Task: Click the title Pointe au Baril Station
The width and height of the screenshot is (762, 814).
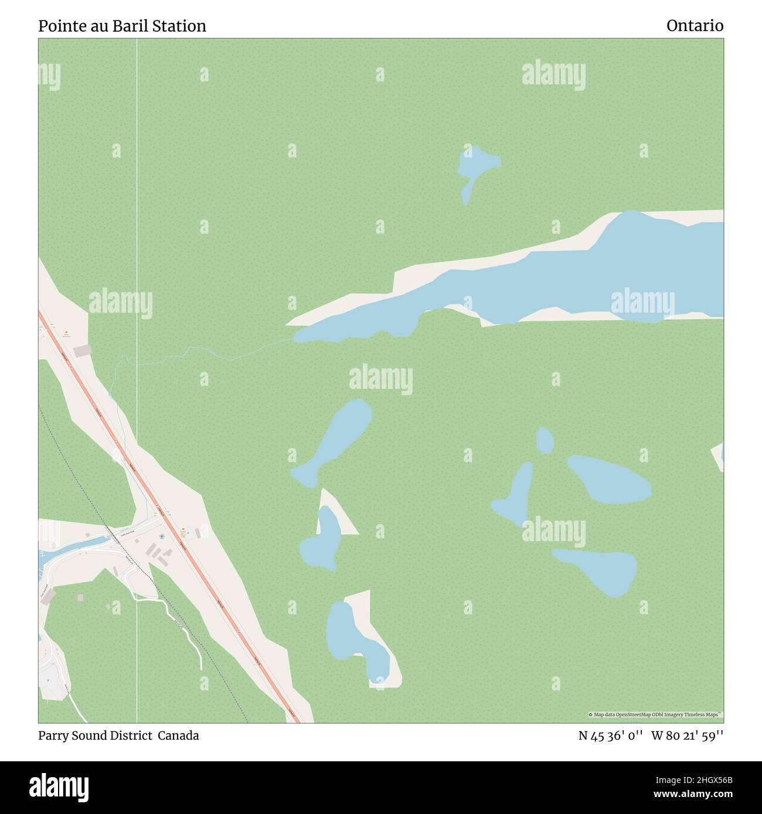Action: [122, 26]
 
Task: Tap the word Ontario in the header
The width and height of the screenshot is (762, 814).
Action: [694, 26]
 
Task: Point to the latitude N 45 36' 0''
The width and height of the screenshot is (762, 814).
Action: [611, 736]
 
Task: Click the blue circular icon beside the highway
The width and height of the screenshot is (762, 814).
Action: [162, 536]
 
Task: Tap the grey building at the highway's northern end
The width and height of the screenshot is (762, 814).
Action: [82, 350]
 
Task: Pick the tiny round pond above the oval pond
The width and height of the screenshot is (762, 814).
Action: [545, 440]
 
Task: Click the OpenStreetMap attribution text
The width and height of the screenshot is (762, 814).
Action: [655, 714]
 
